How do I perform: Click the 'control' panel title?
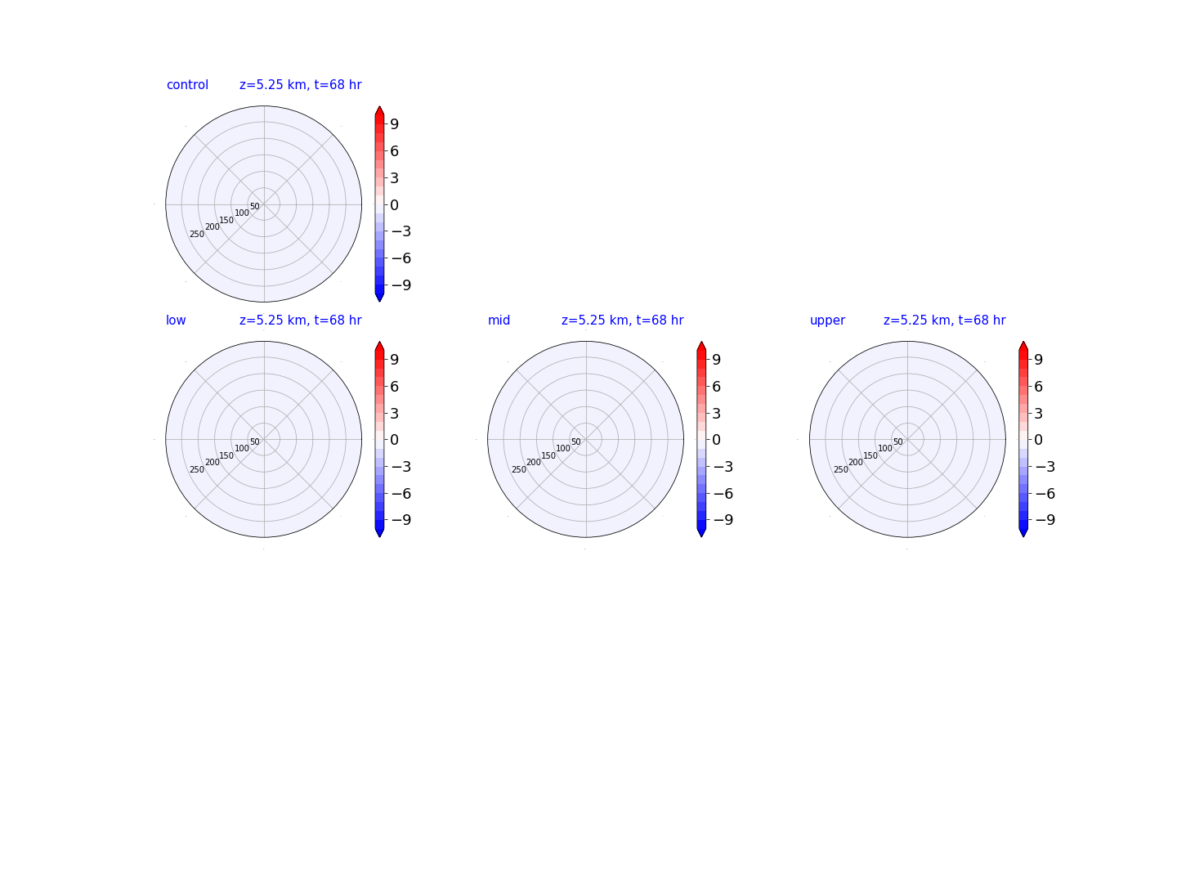click(187, 85)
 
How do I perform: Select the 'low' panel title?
click(176, 320)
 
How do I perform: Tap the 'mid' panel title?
click(499, 320)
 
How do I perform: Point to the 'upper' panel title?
click(827, 320)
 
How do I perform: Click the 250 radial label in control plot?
click(197, 235)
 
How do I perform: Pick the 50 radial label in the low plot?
click(255, 441)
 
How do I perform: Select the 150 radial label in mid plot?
click(548, 455)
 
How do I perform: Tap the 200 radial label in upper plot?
click(855, 462)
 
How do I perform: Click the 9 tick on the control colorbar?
click(394, 124)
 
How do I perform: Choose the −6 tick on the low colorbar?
click(401, 494)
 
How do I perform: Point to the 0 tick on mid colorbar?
click(716, 440)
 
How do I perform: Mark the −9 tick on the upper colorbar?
click(1045, 520)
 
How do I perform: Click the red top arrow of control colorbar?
click(379, 111)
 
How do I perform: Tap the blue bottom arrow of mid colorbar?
click(700, 531)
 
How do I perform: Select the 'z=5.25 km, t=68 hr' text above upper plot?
click(944, 320)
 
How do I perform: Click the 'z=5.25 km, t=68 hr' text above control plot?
click(300, 85)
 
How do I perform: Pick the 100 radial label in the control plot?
click(242, 213)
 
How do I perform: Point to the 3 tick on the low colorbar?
click(394, 414)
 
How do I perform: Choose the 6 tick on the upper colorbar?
click(1038, 387)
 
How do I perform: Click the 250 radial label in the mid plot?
click(518, 469)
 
